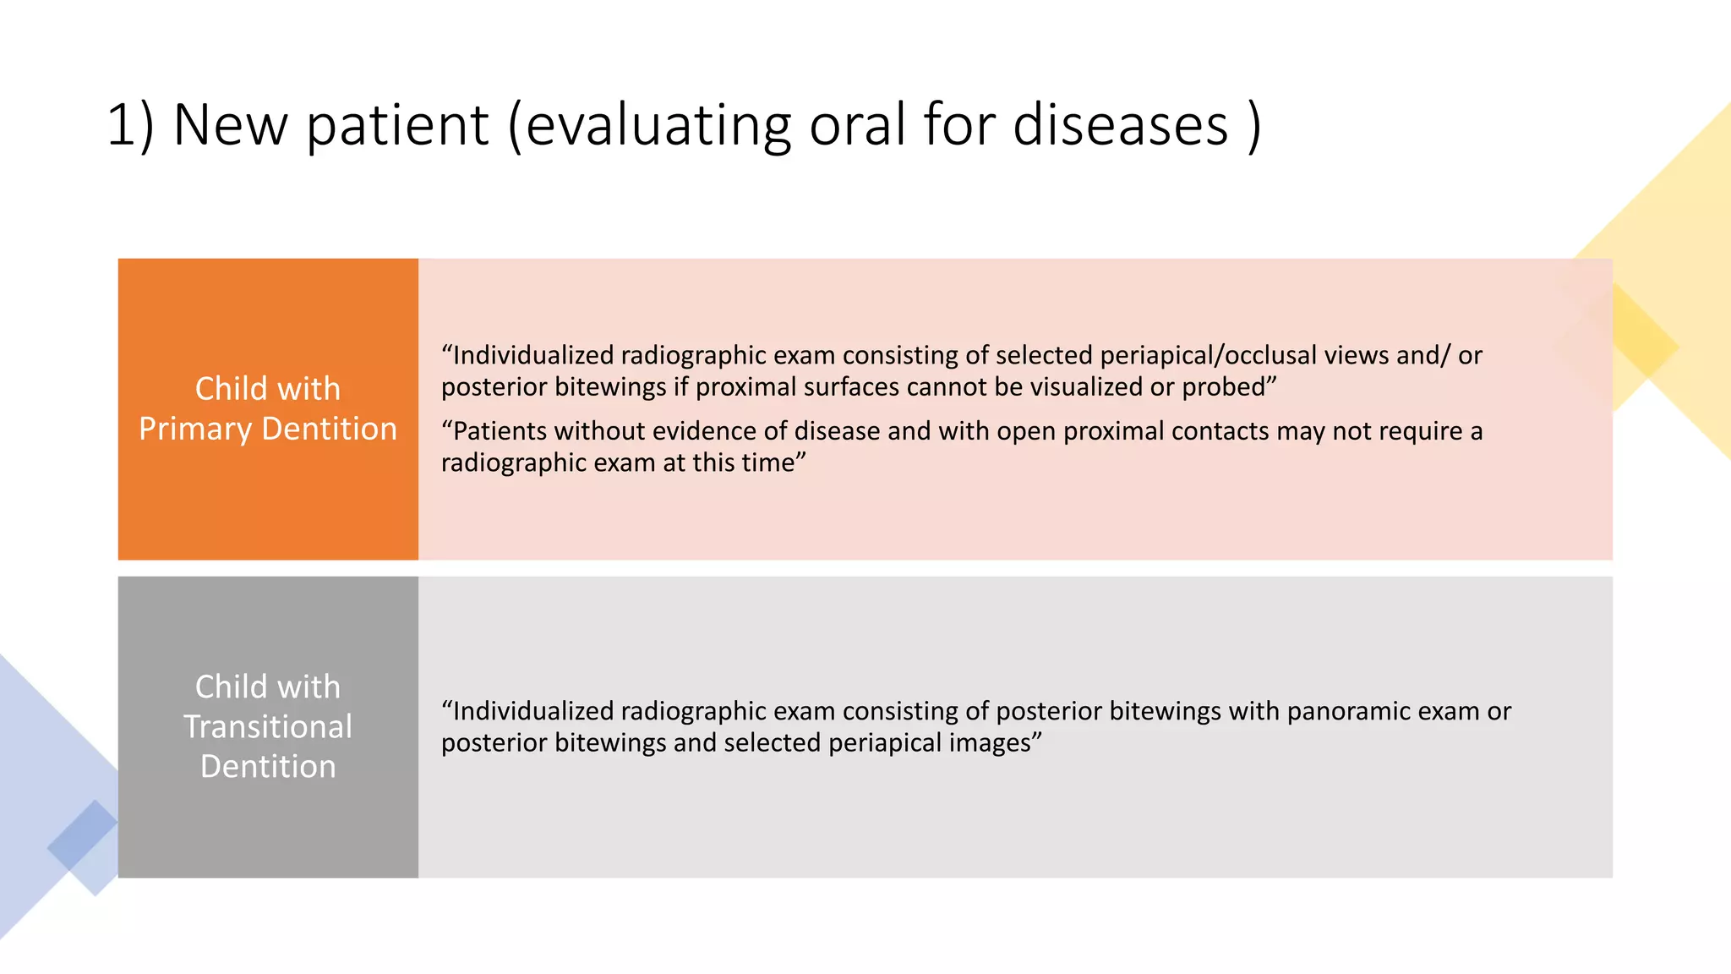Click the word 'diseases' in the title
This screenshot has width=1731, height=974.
1120,125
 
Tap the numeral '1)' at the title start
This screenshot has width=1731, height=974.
131,125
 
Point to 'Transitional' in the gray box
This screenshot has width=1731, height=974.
268,727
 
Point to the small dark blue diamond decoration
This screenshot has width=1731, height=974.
82,835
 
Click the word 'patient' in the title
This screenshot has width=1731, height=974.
397,125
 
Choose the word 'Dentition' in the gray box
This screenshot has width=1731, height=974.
268,767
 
